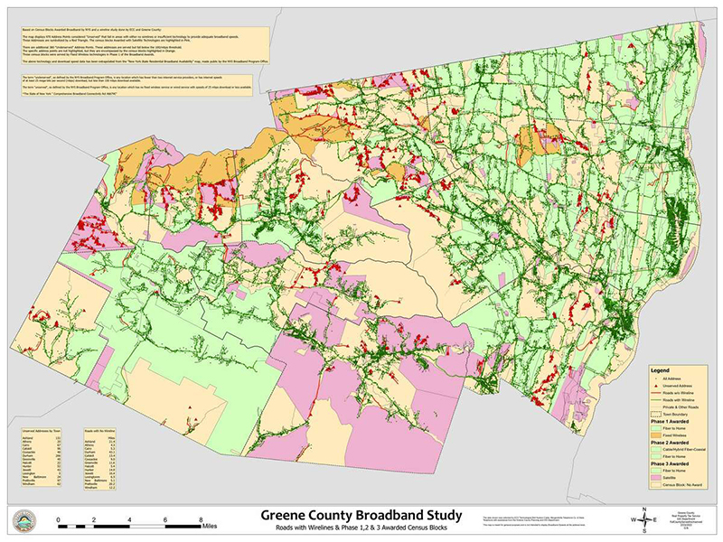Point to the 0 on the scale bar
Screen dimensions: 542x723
[x=59, y=521]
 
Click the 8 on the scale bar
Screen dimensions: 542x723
[x=201, y=521]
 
